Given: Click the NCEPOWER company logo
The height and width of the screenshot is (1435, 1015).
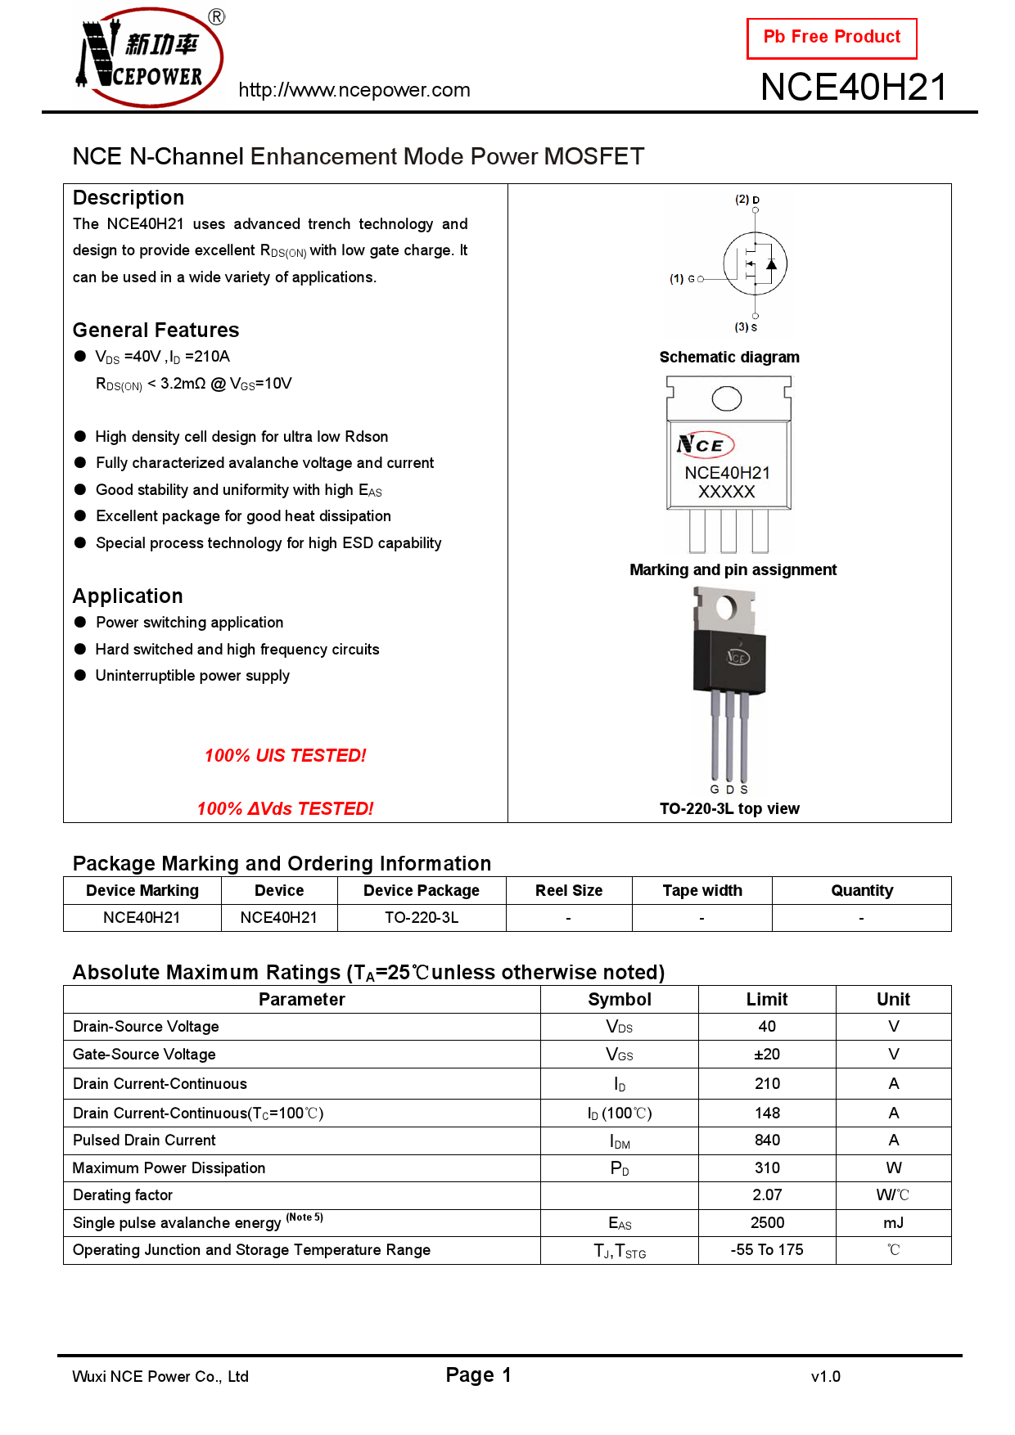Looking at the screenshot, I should click(150, 57).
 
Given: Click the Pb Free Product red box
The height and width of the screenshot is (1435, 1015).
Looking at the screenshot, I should click(832, 38).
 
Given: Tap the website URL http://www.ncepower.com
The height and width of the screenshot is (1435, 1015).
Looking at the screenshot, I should click(354, 90).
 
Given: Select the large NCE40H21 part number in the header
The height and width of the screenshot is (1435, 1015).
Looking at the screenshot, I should click(854, 88).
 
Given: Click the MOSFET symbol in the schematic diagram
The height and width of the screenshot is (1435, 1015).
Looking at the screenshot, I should click(756, 263).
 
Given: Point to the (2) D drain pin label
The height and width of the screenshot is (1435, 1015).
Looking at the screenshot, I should click(747, 200).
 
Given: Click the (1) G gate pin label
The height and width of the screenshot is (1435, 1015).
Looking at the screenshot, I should click(683, 279).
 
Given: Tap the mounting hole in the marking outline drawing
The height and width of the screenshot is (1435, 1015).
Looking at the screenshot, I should click(727, 398).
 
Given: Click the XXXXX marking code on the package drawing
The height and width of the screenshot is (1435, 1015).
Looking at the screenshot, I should click(727, 492).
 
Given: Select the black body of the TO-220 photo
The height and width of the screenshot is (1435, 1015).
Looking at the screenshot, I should click(729, 661).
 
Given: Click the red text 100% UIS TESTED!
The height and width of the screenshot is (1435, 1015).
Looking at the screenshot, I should click(286, 756).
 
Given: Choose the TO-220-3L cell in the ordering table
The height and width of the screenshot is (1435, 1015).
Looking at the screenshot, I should click(422, 918).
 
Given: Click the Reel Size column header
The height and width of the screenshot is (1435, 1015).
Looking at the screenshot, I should click(569, 891).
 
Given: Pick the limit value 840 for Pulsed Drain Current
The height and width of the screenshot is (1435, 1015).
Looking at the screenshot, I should click(767, 1140).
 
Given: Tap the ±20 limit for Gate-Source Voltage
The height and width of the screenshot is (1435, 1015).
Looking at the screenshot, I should click(767, 1055).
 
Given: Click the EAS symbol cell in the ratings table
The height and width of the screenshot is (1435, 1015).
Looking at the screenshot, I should click(620, 1223).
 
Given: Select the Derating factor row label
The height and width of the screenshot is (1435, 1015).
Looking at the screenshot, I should click(123, 1195).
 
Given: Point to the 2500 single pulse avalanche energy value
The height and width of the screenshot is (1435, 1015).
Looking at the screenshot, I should click(767, 1223).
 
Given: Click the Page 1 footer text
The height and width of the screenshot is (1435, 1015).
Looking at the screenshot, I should click(479, 1375).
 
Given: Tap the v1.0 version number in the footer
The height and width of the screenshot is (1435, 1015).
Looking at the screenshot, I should click(826, 1377).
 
